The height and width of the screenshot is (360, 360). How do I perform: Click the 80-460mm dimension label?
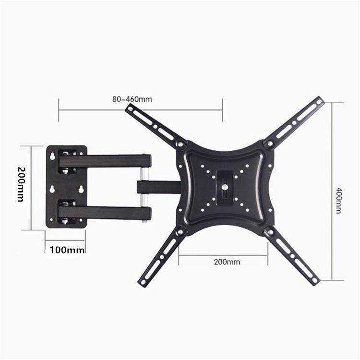point(132,100)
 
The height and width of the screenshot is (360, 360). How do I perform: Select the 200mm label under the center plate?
point(227,262)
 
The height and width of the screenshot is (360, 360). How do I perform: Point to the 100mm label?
point(68,250)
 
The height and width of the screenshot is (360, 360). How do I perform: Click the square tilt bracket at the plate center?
point(225,187)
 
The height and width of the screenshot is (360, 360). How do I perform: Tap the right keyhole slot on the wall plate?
point(82,189)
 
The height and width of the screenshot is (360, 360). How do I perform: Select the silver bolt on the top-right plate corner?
point(269,144)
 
